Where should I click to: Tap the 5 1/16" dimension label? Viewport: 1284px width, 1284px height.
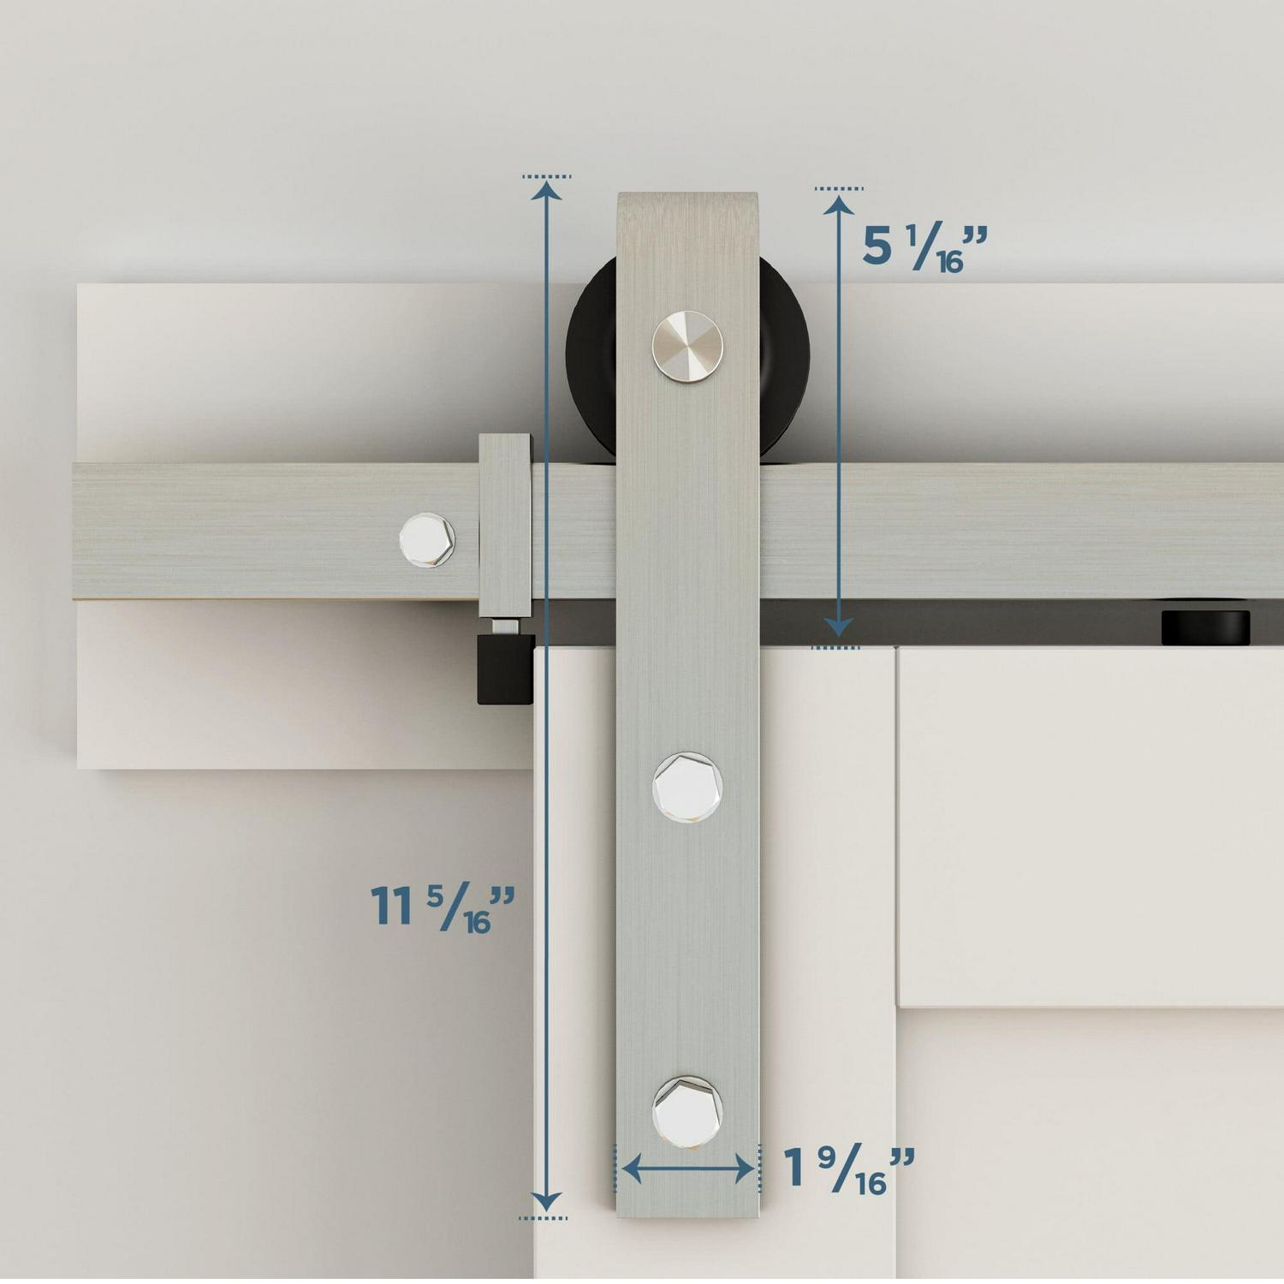point(924,247)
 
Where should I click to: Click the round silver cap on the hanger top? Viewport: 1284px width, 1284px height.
point(687,347)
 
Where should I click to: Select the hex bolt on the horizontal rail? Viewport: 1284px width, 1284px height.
point(427,538)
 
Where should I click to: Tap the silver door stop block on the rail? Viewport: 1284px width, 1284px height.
point(505,526)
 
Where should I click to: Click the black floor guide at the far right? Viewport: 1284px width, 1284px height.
point(1205,627)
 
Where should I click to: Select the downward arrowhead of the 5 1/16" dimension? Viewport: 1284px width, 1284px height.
point(839,627)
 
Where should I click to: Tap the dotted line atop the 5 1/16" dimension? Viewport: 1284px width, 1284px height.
point(839,188)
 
